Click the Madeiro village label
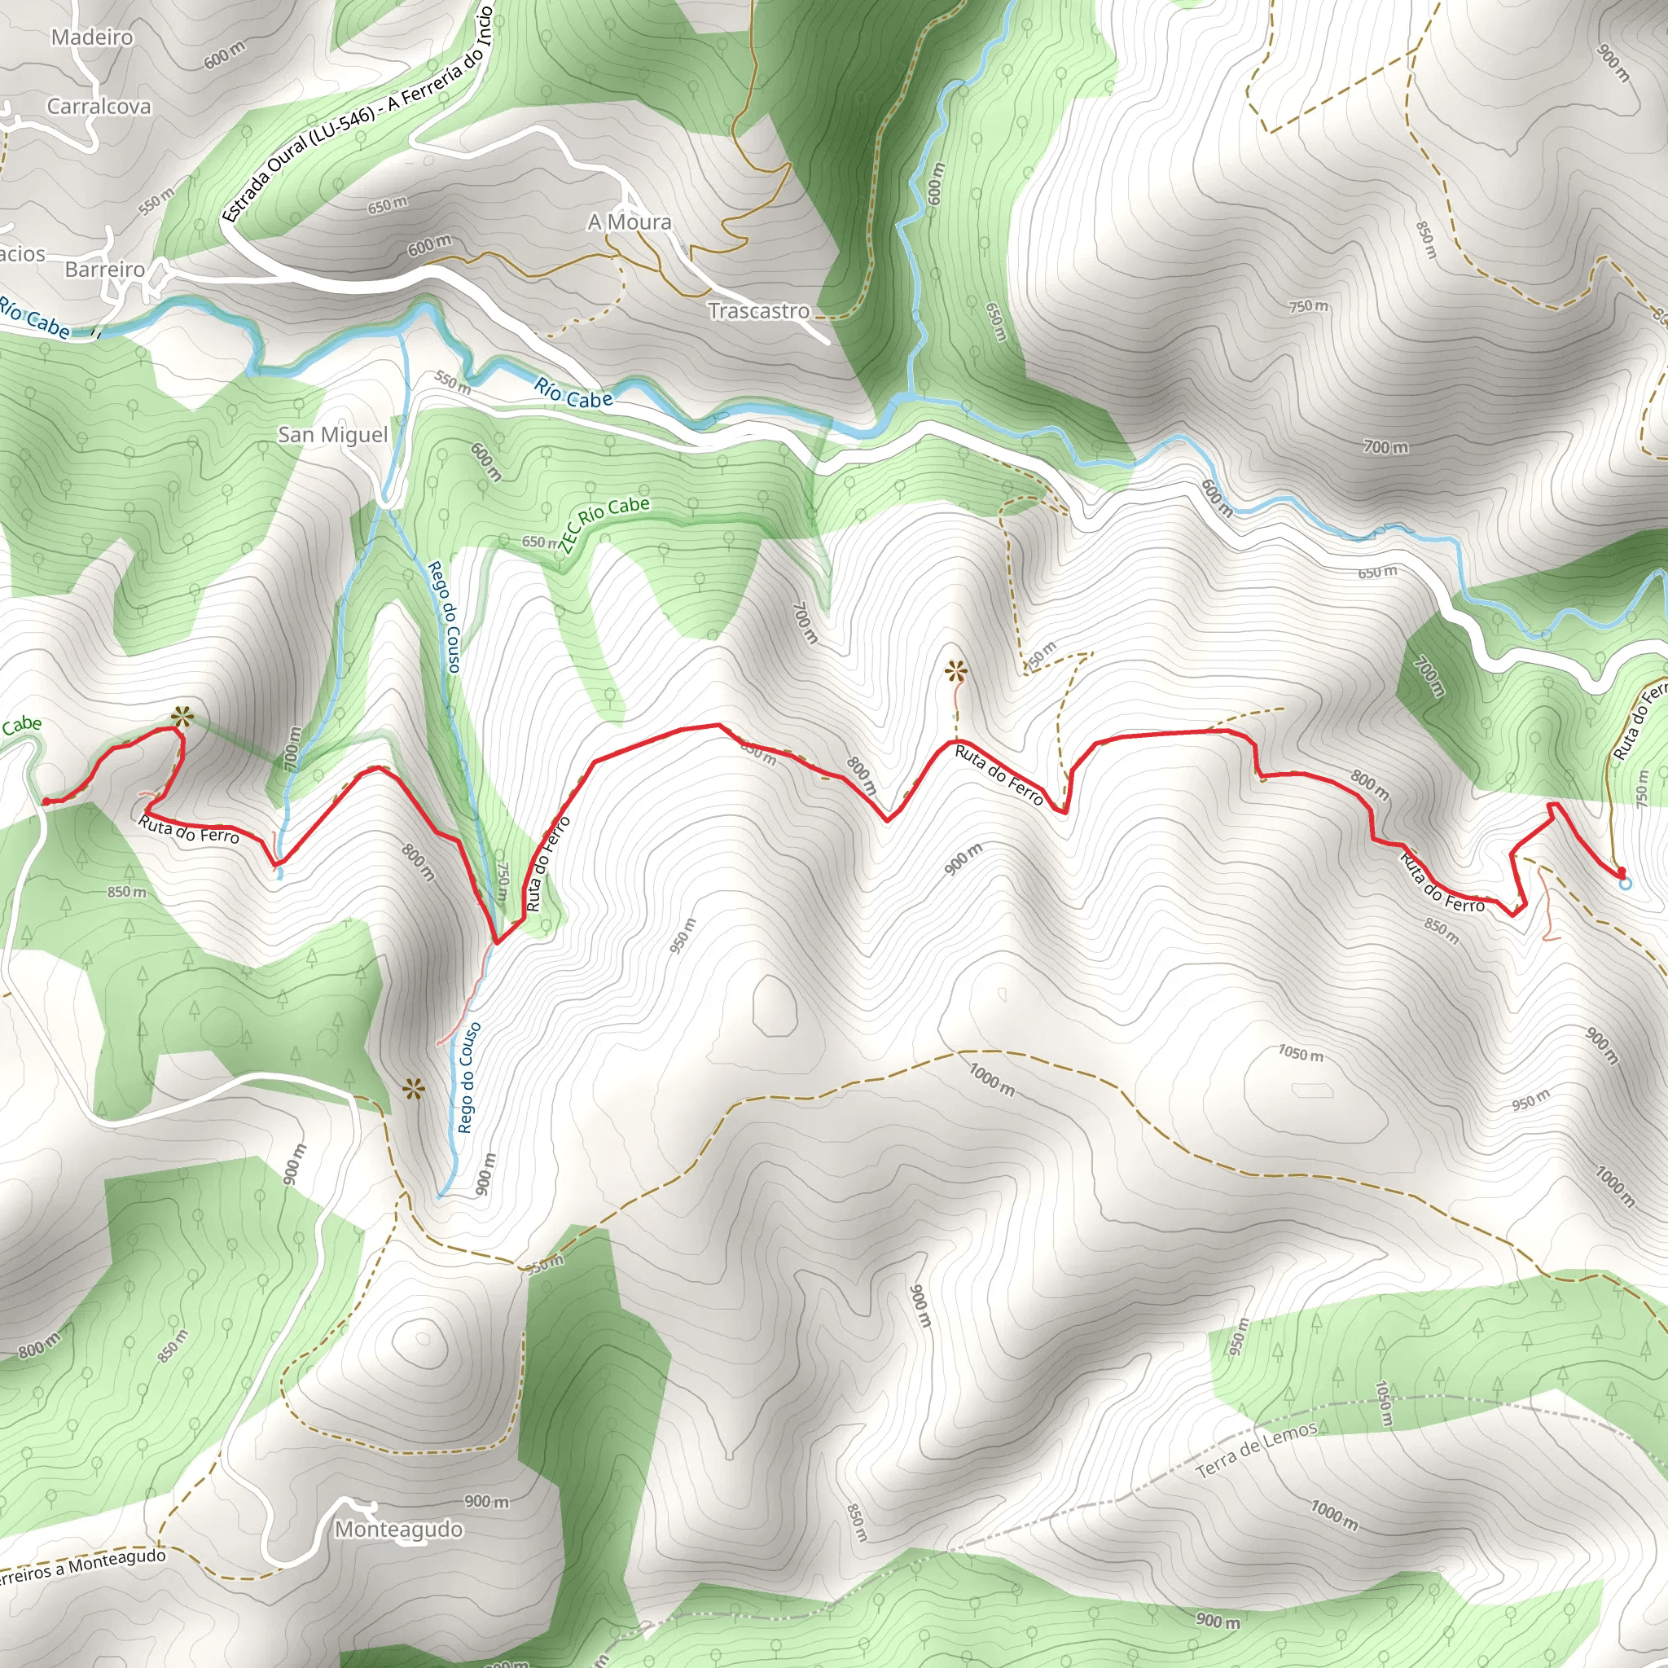click(x=92, y=37)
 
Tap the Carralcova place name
click(x=99, y=106)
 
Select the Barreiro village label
click(x=104, y=270)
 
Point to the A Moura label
click(x=630, y=222)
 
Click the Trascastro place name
click(x=759, y=311)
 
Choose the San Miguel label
click(x=332, y=434)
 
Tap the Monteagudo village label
click(x=398, y=1530)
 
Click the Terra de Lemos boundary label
click(x=1257, y=1450)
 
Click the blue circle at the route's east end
click(x=1626, y=883)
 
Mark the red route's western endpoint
click(x=45, y=801)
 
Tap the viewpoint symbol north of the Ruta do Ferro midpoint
click(x=955, y=670)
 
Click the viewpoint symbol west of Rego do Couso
click(x=415, y=1090)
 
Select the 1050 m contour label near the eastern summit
click(x=1300, y=1054)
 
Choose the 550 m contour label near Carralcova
click(x=156, y=201)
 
